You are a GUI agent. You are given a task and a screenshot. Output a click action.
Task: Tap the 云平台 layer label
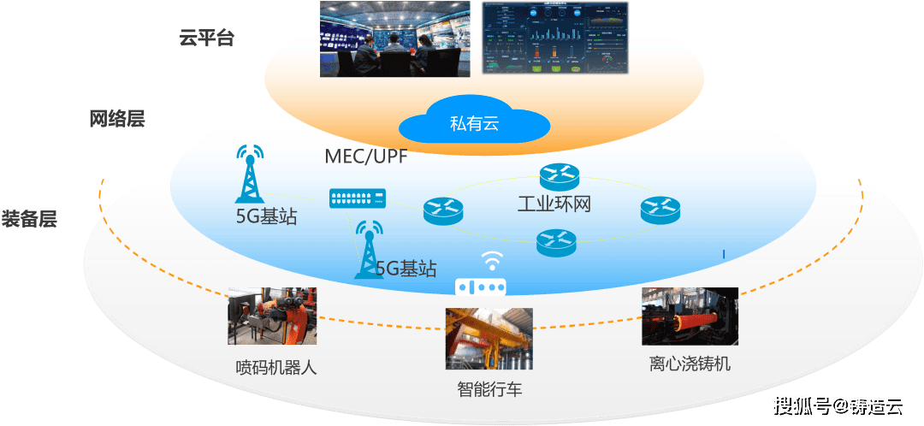tap(206, 38)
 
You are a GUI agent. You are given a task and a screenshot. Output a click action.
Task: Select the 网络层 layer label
tap(117, 119)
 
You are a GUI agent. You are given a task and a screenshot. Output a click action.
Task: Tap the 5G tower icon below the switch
tap(370, 248)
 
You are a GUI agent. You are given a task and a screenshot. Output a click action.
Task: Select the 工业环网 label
tap(554, 204)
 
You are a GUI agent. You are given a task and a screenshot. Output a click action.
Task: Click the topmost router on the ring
tap(560, 177)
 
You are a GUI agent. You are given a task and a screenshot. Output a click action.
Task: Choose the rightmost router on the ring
tap(659, 209)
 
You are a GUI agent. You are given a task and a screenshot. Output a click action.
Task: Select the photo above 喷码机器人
tap(273, 316)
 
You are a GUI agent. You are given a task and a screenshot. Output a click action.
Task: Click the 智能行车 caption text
tap(489, 390)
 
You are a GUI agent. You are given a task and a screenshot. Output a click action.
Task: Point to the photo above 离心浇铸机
tap(690, 316)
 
